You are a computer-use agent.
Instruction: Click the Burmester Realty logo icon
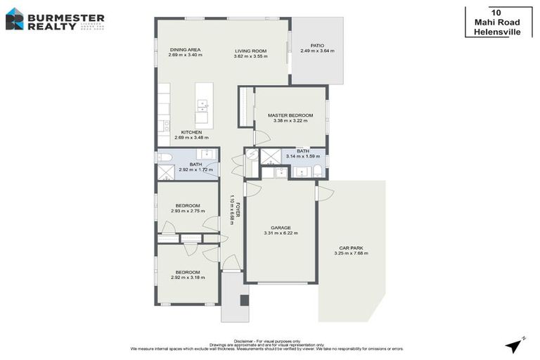click(x=14, y=18)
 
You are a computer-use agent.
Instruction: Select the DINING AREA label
click(x=186, y=50)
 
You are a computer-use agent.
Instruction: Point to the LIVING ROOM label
click(x=251, y=50)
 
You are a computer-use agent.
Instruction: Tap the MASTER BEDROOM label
click(x=290, y=115)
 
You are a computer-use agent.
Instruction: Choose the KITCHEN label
click(x=191, y=132)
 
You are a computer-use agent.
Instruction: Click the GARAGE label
click(x=281, y=227)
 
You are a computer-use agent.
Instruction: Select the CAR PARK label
click(x=351, y=247)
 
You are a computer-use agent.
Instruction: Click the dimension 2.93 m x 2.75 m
click(x=187, y=211)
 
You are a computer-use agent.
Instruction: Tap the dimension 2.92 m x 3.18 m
click(x=187, y=278)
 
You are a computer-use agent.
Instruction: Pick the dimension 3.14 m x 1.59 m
click(x=303, y=156)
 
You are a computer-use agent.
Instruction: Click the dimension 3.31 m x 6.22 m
click(x=281, y=233)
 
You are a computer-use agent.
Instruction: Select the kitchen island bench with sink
click(x=203, y=105)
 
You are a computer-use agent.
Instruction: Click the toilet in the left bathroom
click(x=165, y=157)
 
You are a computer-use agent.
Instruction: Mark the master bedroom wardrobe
click(x=245, y=107)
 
